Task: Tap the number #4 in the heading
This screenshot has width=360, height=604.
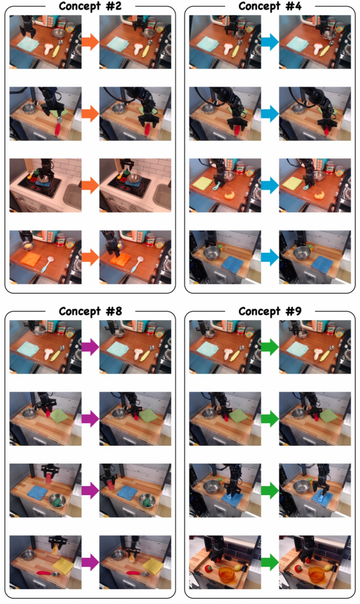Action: click(x=292, y=6)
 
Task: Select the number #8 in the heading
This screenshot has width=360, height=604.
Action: click(x=113, y=311)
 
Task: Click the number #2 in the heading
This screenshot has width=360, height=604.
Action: click(x=113, y=6)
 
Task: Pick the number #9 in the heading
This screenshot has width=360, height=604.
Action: click(x=292, y=311)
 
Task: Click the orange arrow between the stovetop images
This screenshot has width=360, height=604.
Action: click(x=90, y=185)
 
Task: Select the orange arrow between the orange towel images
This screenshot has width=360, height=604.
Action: click(x=90, y=257)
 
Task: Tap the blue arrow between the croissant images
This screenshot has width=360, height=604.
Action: click(x=270, y=185)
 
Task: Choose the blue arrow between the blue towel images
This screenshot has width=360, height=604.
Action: click(x=270, y=257)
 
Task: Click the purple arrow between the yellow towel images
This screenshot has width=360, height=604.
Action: click(x=90, y=562)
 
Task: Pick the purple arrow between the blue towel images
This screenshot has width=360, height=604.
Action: click(x=90, y=491)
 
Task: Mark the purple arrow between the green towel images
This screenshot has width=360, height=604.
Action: click(x=90, y=419)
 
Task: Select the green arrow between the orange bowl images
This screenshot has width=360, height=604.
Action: click(x=270, y=562)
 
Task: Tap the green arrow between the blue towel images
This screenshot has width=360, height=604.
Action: click(x=270, y=491)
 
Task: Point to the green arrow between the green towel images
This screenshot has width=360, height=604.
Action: click(x=270, y=419)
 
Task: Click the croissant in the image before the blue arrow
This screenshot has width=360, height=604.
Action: click(x=229, y=195)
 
